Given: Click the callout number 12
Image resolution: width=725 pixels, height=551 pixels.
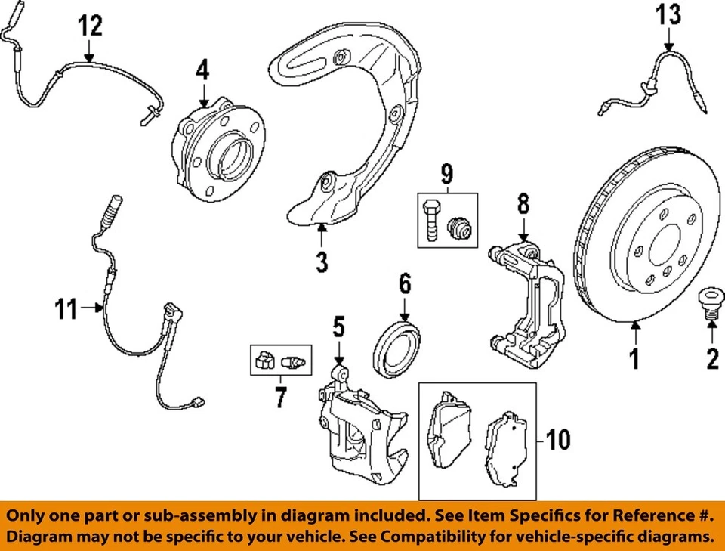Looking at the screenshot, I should coord(89,26).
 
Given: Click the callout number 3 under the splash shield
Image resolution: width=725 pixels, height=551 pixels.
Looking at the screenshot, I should coord(322,263).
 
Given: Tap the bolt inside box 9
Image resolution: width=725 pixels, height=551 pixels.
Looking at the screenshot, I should coord(430,220).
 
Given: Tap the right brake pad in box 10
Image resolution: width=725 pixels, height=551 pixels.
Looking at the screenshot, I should coord(505,450).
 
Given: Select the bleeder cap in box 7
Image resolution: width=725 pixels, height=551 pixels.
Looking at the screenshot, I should coord(264,361).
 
